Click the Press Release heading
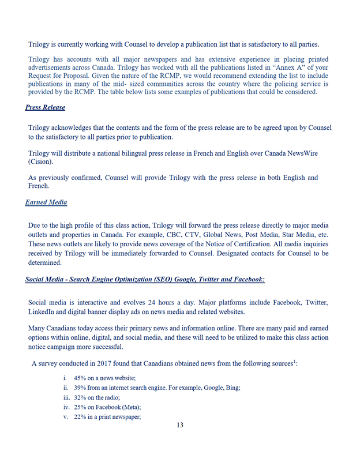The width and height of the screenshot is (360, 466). coord(45,107)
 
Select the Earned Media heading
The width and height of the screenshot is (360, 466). coord(46,202)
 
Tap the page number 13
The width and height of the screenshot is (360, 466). coord(180,426)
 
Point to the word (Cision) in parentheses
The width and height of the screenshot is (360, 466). coord(44,163)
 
